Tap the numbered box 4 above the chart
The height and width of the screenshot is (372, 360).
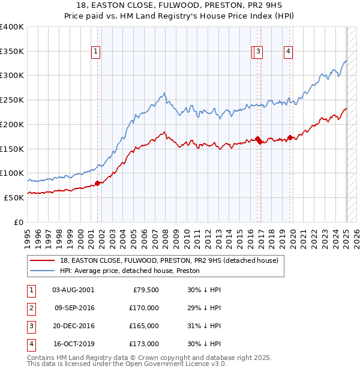click(289, 52)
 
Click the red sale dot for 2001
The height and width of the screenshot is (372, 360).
click(97, 183)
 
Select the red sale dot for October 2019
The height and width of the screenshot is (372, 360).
click(290, 137)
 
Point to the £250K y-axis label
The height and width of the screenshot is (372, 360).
click(12, 100)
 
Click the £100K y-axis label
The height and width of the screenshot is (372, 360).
click(12, 173)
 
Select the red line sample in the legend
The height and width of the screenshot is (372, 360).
click(43, 261)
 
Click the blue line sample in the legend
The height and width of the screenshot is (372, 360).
click(43, 271)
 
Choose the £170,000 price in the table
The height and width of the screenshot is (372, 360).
click(144, 308)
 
